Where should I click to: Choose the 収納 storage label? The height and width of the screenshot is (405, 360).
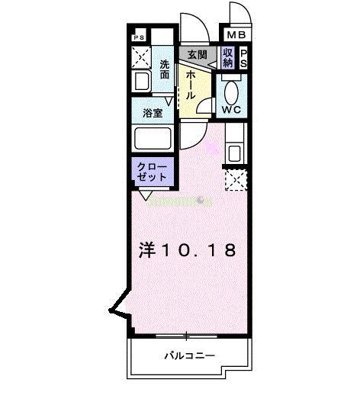tap(227, 57)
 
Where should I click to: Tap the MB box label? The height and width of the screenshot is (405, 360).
tap(235, 34)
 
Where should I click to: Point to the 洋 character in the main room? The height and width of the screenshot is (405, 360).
tap(147, 249)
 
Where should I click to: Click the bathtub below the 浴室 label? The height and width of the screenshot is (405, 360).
tap(153, 140)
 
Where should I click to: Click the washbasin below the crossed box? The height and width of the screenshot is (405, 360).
tap(140, 81)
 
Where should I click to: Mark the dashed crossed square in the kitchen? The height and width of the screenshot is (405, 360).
tap(234, 181)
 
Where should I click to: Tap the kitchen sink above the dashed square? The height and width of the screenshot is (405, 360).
tap(234, 152)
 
